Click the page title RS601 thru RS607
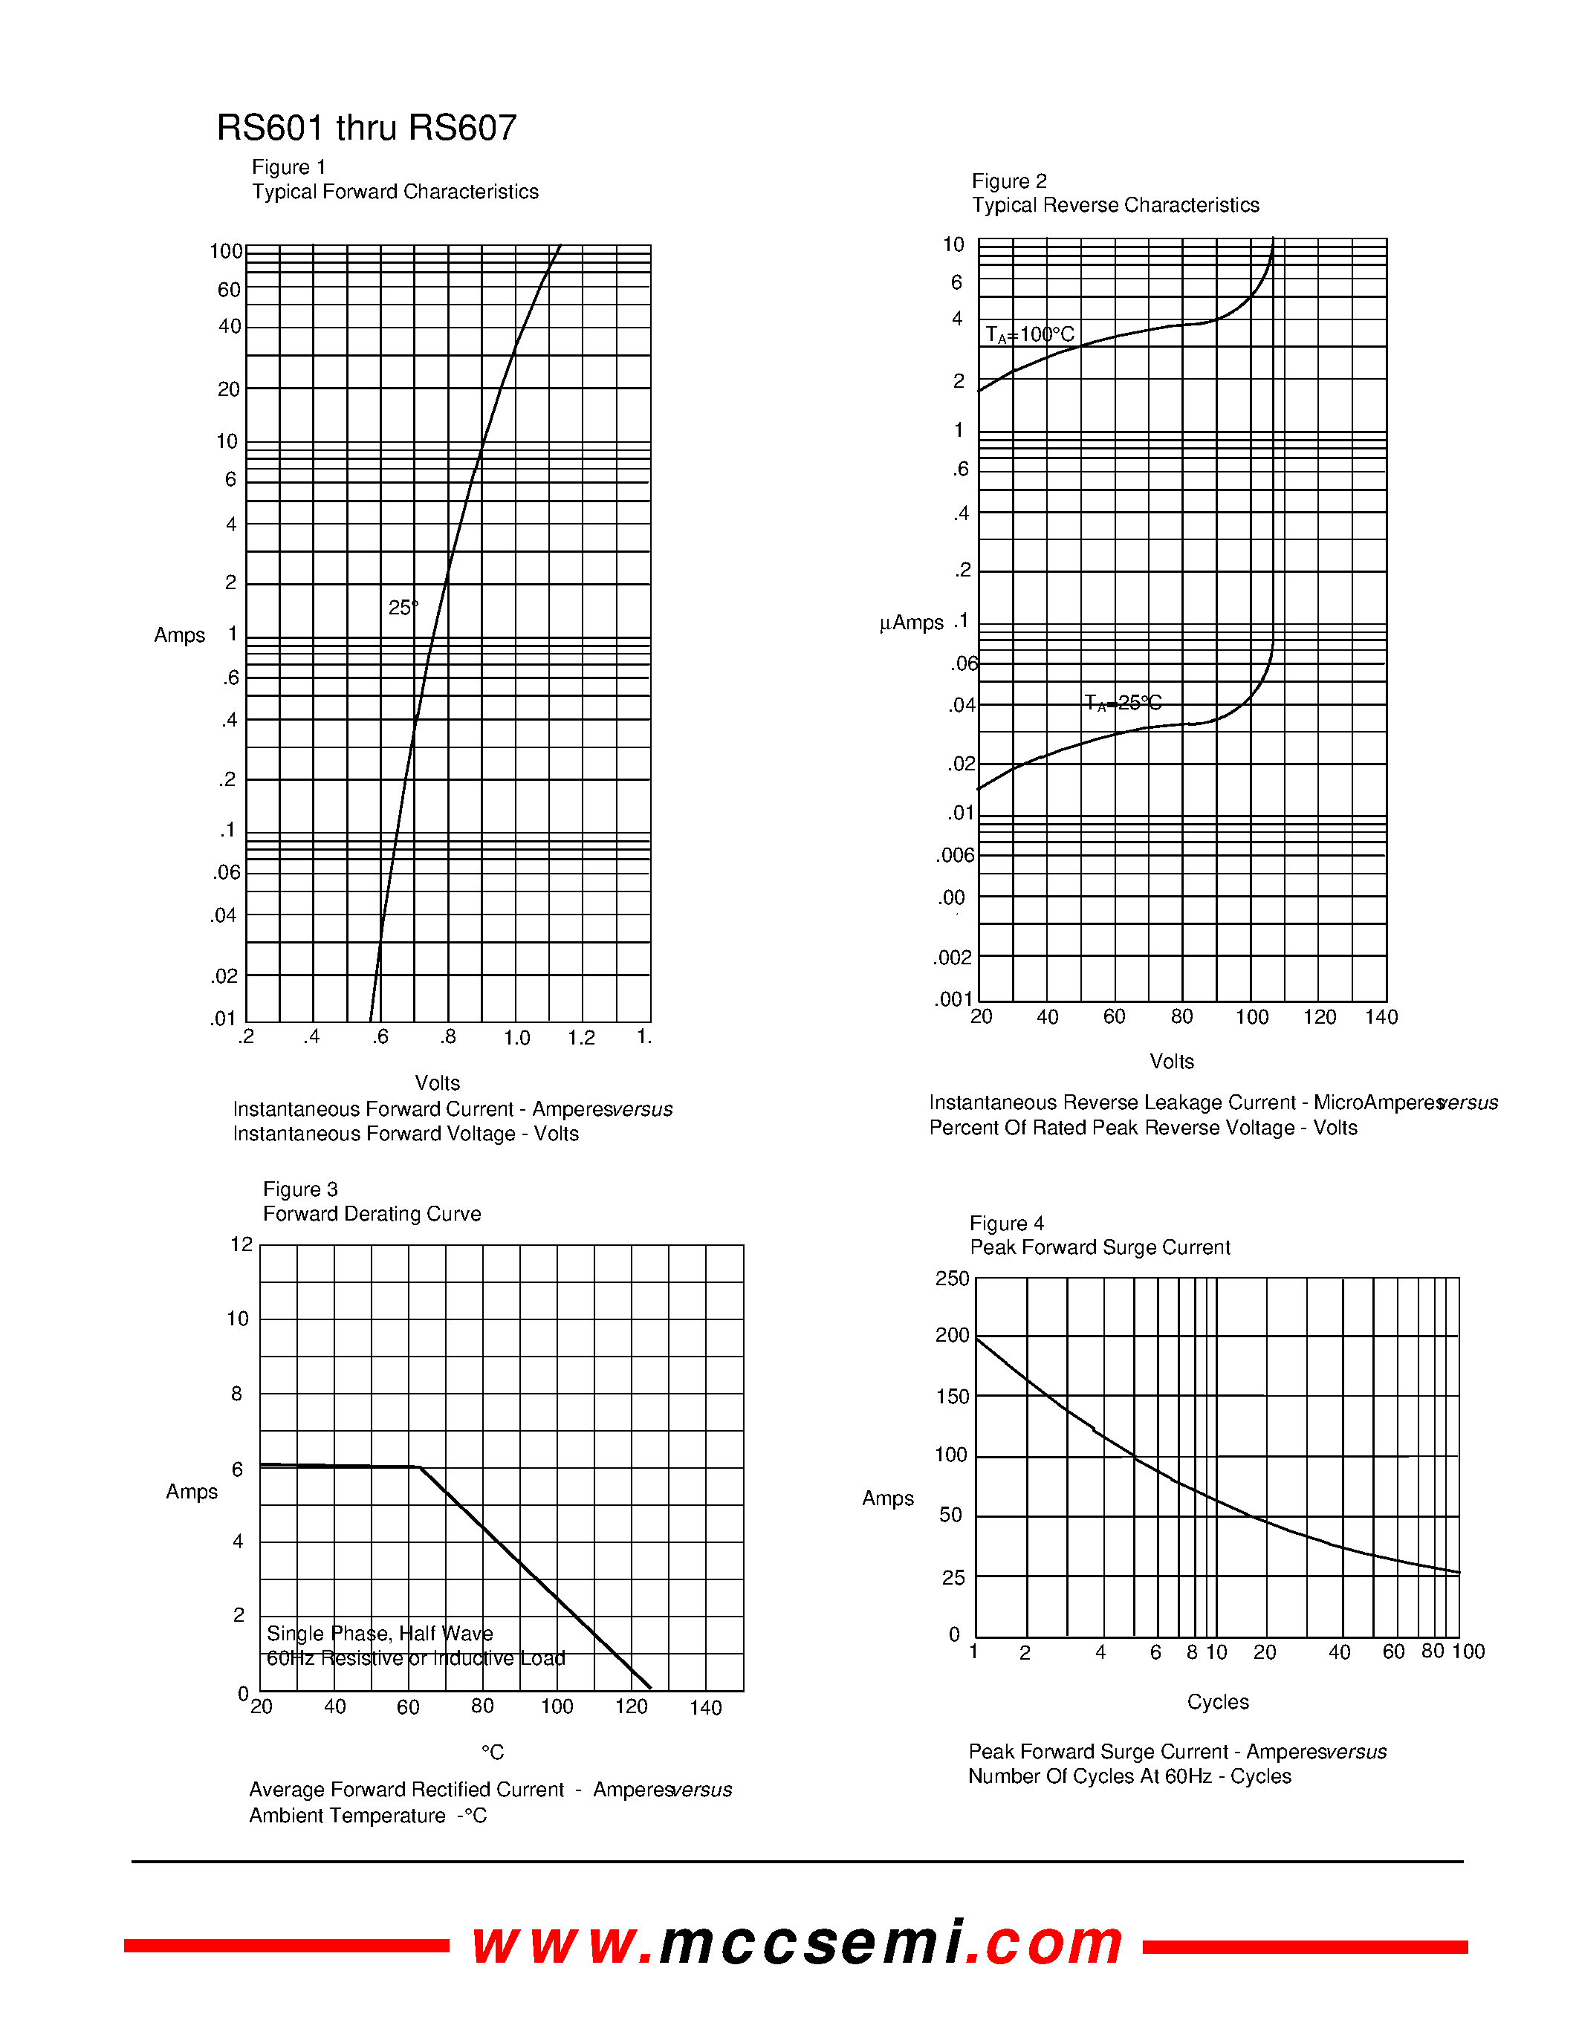click(x=366, y=129)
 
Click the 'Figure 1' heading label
click(x=288, y=167)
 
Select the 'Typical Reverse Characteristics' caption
click(x=1115, y=206)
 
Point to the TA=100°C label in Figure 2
click(x=1030, y=335)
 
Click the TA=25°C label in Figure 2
click(x=1123, y=703)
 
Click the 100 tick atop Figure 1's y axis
click(x=225, y=252)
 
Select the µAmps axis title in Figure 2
click(x=911, y=623)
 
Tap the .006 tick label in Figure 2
click(x=955, y=855)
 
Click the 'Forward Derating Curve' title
click(x=372, y=1214)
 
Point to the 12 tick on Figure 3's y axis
click(x=241, y=1245)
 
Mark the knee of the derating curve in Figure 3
click(x=418, y=1467)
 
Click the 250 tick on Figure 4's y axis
click(x=953, y=1279)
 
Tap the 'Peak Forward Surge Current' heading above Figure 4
click(x=1099, y=1248)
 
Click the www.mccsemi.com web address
click(x=797, y=1945)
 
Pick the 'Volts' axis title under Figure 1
click(x=437, y=1083)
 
